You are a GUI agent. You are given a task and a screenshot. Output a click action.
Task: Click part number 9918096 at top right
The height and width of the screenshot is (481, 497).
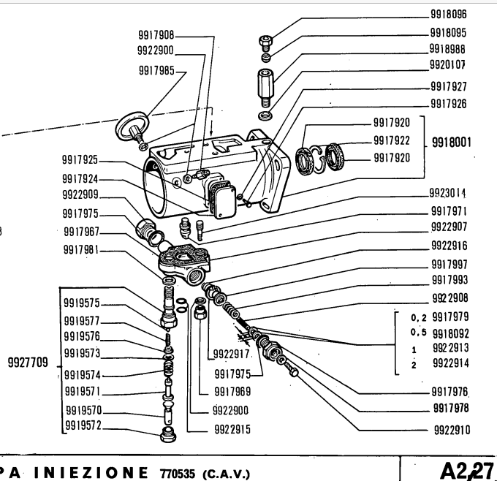(x=449, y=14)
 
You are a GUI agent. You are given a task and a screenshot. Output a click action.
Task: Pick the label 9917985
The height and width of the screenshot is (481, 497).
(x=158, y=71)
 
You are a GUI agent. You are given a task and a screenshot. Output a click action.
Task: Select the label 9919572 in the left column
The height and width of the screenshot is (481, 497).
(x=83, y=424)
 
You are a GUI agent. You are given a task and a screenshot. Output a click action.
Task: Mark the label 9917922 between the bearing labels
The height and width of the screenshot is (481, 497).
(x=391, y=140)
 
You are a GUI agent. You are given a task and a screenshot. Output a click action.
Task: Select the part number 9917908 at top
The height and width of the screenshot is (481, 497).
(x=156, y=35)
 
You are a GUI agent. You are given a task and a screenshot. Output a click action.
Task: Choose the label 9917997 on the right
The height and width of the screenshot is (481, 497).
(x=449, y=263)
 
